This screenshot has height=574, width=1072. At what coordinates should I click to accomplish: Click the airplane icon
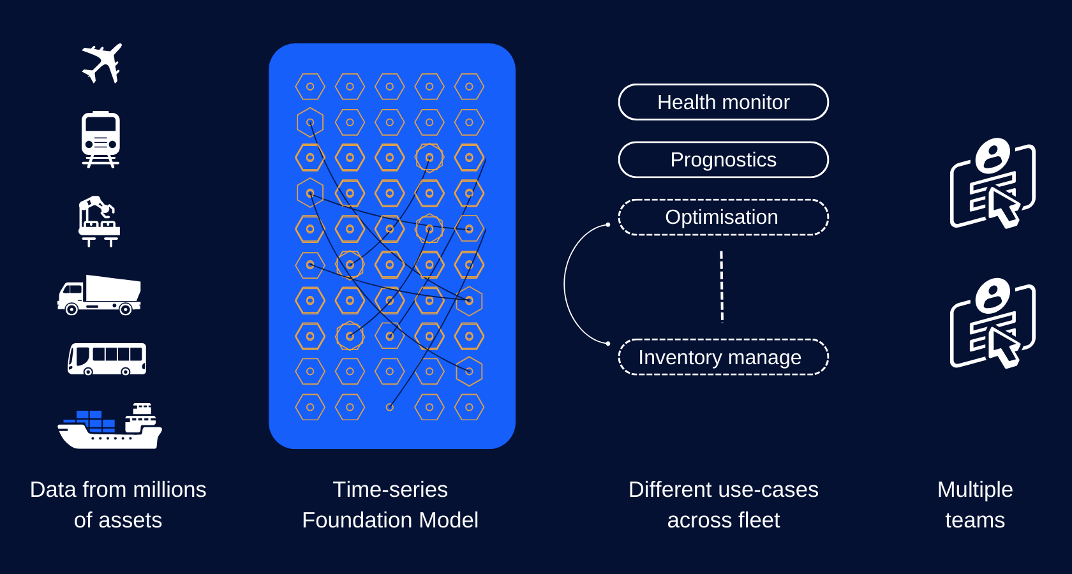pos(102,63)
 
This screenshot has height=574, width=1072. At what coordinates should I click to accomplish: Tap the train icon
pos(101,139)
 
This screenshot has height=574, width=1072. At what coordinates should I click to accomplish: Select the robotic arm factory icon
pos(99,221)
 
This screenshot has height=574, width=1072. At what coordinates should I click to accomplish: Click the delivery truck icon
pos(100,295)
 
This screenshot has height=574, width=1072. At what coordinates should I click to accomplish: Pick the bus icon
pos(107,359)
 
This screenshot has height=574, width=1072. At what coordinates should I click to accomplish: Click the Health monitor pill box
pos(723,102)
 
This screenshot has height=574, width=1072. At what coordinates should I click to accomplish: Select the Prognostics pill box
pos(723,159)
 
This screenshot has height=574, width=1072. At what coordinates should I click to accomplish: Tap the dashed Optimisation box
pos(723,217)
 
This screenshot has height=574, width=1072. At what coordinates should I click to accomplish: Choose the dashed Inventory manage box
pos(723,357)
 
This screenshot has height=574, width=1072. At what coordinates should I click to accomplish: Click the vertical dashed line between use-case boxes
pos(722,287)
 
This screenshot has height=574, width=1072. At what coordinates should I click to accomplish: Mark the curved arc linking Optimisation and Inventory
pos(565,284)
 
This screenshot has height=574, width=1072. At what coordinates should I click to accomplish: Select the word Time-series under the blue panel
pos(390,490)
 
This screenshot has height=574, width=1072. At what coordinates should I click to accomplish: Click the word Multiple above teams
pos(974,490)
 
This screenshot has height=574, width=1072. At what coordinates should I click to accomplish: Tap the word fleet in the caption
pos(759,520)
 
